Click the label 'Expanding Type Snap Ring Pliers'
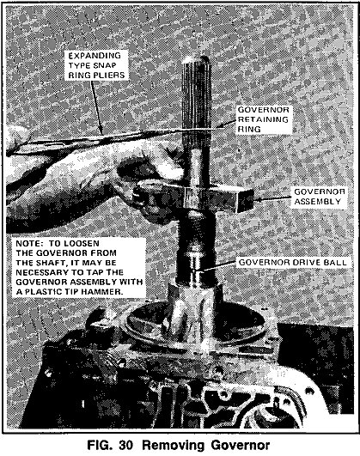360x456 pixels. pyautogui.click(x=96, y=65)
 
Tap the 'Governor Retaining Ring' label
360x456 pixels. pyautogui.click(x=264, y=119)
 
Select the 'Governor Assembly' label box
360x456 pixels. pyautogui.click(x=320, y=197)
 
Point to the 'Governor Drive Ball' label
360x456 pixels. pyautogui.click(x=292, y=263)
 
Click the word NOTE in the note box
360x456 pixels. pyautogui.click(x=29, y=243)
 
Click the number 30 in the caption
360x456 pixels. pyautogui.click(x=126, y=445)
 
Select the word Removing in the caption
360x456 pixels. pyautogui.click(x=174, y=445)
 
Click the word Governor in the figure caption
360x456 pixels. pyautogui.click(x=241, y=445)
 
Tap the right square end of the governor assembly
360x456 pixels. pyautogui.click(x=246, y=200)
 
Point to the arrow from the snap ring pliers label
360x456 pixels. pyautogui.click(x=96, y=107)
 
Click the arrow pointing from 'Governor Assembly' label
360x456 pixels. pyautogui.click(x=272, y=198)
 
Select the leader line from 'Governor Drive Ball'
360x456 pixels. pyautogui.click(x=216, y=266)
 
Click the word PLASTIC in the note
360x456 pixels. pyautogui.click(x=42, y=292)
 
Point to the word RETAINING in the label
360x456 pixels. pyautogui.click(x=264, y=119)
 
